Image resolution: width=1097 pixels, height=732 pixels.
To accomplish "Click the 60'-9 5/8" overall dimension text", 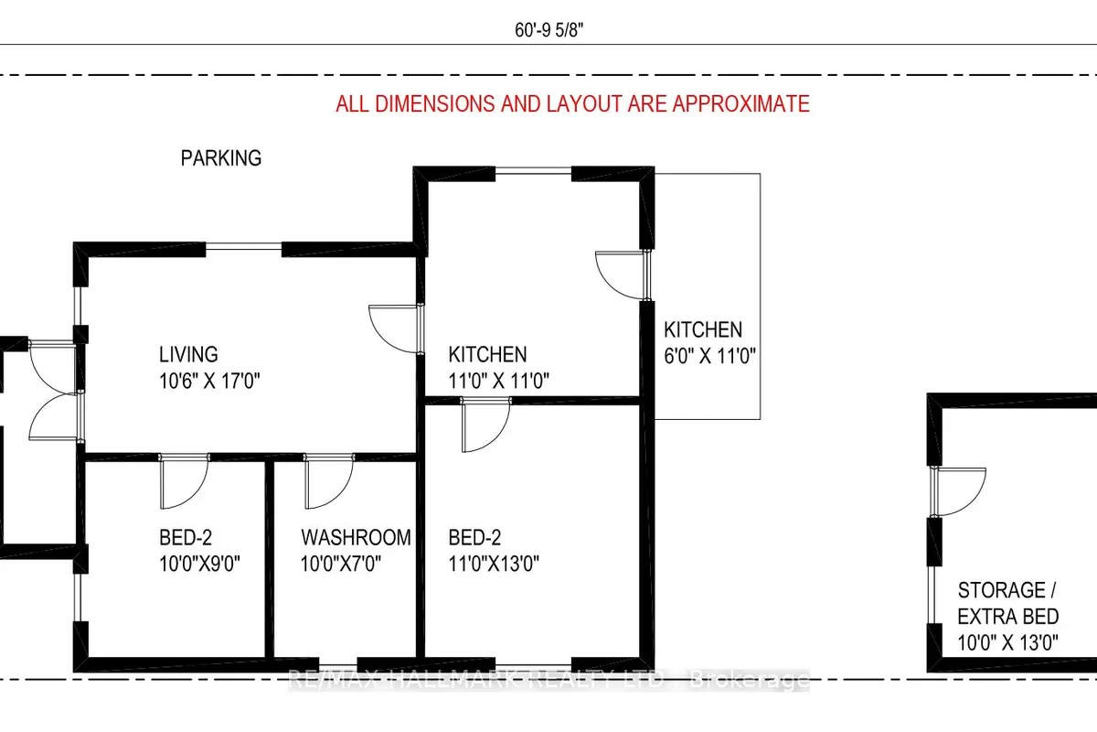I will click(548, 29).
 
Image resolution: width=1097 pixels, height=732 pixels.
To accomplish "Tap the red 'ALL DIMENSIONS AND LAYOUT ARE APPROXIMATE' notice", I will click(572, 103).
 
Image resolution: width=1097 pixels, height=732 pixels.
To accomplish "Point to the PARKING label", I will click(220, 158).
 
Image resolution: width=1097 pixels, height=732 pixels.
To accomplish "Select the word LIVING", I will click(188, 354).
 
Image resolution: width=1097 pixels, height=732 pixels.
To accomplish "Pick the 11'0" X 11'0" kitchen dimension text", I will click(497, 381).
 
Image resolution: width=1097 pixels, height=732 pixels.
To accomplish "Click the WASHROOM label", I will click(357, 537).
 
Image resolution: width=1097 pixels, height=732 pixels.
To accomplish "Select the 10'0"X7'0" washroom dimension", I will click(340, 564).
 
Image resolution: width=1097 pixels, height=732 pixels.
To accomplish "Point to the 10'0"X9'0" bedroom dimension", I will click(198, 564).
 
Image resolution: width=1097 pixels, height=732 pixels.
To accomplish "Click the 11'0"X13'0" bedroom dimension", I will click(494, 564).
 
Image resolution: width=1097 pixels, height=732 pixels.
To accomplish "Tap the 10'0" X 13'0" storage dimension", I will click(1007, 642).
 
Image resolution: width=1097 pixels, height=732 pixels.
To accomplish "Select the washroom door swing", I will click(328, 483).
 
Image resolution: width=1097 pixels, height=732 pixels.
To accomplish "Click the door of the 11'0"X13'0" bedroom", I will click(485, 426).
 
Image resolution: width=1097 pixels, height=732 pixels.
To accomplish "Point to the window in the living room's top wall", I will click(244, 246).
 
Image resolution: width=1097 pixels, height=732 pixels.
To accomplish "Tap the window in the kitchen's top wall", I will click(534, 171).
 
